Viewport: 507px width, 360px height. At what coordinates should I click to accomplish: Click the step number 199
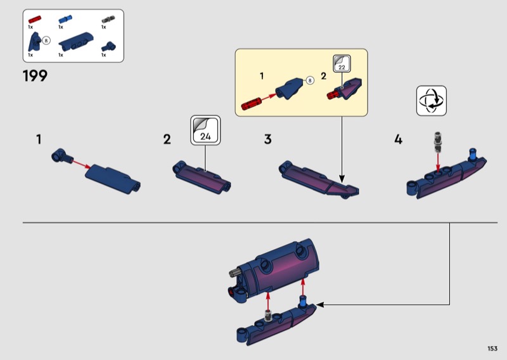pyautogui.click(x=35, y=76)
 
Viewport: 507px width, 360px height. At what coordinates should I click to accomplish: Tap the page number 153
pyautogui.click(x=492, y=349)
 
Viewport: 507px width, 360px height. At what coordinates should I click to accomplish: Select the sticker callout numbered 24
pyautogui.click(x=205, y=130)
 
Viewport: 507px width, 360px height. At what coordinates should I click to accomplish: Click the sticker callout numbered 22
pyautogui.click(x=342, y=64)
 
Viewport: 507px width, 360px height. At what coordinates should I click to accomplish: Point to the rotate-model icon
pyautogui.click(x=432, y=101)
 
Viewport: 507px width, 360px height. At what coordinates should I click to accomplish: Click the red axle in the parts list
pyautogui.click(x=35, y=20)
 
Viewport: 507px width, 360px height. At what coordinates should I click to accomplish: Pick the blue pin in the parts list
pyautogui.click(x=65, y=20)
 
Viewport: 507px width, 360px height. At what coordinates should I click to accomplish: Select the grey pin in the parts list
pyautogui.click(x=108, y=20)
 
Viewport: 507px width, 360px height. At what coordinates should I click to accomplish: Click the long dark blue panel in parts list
pyautogui.click(x=76, y=41)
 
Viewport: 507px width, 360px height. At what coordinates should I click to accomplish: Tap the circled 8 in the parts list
pyautogui.click(x=46, y=41)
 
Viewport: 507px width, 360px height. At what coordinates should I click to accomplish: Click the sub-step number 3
pyautogui.click(x=267, y=139)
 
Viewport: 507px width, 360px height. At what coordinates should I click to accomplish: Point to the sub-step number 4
pyautogui.click(x=398, y=139)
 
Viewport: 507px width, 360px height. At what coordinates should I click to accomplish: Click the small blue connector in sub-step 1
pyautogui.click(x=61, y=156)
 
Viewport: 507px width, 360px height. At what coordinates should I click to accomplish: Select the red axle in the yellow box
pyautogui.click(x=251, y=103)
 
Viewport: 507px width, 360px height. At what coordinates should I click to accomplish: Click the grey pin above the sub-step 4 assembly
pyautogui.click(x=438, y=142)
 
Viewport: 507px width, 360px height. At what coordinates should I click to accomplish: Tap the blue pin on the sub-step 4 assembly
pyautogui.click(x=473, y=155)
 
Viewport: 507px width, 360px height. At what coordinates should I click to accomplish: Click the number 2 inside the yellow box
pyautogui.click(x=323, y=76)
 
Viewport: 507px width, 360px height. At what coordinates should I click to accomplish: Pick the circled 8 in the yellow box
pyautogui.click(x=310, y=80)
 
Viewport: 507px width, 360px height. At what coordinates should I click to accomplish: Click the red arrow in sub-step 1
pyautogui.click(x=81, y=164)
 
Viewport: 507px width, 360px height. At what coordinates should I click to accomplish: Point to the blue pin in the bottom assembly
pyautogui.click(x=304, y=302)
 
